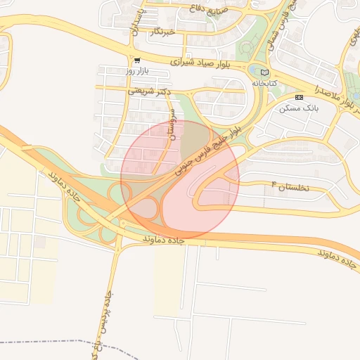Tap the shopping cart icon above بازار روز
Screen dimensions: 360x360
pos(137,60)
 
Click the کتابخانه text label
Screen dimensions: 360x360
pos(265,83)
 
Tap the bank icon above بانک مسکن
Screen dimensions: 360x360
pos(300,96)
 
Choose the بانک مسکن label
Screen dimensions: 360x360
pos(300,108)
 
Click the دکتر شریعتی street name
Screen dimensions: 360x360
pos(150,91)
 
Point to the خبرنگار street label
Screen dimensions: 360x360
pos(162,32)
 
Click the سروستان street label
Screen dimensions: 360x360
pos(170,122)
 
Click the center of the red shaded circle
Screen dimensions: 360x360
pos(180,179)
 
